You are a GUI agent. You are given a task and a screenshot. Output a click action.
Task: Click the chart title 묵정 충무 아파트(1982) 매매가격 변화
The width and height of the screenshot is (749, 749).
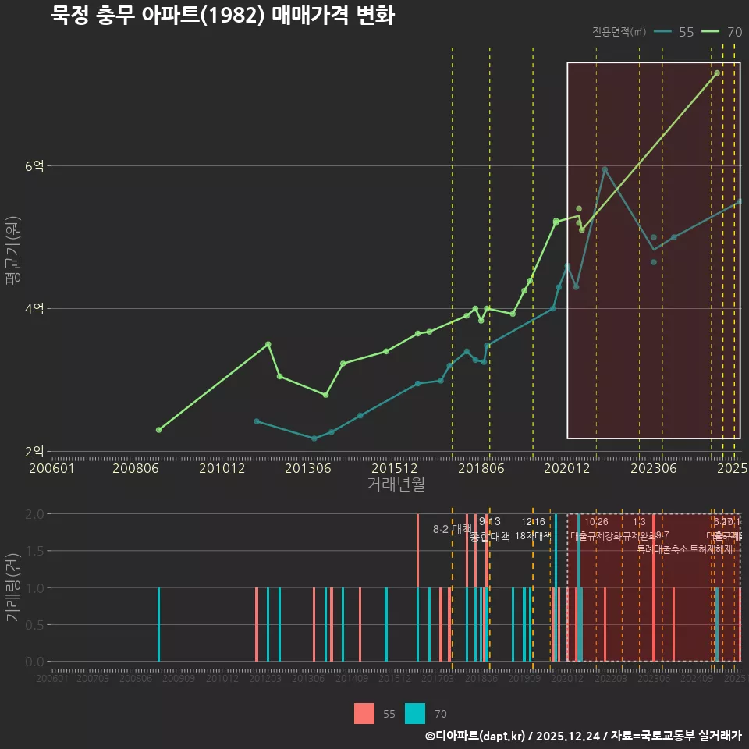click(222, 15)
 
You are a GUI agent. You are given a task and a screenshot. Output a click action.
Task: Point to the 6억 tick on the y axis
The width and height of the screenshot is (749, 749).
click(35, 166)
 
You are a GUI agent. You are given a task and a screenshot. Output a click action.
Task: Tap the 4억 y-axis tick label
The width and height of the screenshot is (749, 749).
click(35, 309)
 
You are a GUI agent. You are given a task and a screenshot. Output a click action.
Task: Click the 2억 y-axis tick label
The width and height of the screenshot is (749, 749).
click(35, 452)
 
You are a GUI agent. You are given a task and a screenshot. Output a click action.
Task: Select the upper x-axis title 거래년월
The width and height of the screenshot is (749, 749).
click(396, 485)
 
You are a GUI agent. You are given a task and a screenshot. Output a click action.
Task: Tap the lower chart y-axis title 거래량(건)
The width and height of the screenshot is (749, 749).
click(13, 587)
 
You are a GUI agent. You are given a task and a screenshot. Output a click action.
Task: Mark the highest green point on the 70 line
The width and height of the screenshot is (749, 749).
click(716, 73)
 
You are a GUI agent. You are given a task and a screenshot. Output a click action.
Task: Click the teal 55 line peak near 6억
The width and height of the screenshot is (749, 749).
click(605, 169)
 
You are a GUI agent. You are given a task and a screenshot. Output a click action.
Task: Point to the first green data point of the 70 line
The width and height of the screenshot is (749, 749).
click(159, 430)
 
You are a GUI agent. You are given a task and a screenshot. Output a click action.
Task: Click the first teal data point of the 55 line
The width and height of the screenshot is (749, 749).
click(257, 421)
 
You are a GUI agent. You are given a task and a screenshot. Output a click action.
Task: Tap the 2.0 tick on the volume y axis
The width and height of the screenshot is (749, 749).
click(34, 514)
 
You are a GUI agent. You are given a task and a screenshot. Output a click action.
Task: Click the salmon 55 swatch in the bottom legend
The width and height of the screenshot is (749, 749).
click(364, 713)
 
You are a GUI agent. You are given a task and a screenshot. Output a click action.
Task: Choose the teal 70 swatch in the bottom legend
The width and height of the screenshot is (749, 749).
click(416, 713)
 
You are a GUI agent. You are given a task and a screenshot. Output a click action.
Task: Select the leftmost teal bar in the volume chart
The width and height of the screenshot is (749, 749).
click(158, 624)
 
